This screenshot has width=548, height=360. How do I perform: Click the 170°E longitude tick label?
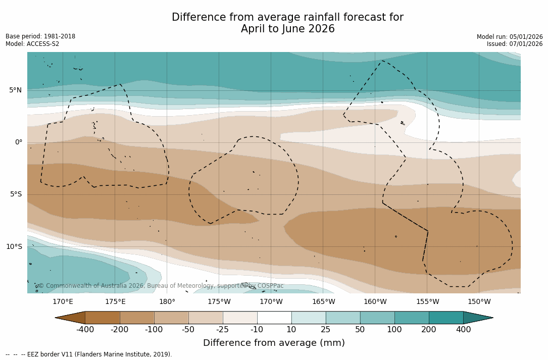[x=63, y=302]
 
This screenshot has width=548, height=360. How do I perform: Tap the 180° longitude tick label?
[x=167, y=302]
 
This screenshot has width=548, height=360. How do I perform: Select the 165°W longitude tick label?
[x=323, y=302]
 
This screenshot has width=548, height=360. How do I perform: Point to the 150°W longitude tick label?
[x=479, y=302]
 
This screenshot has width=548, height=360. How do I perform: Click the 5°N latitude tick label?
[x=15, y=90]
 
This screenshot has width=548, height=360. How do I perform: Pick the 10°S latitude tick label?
[x=14, y=247]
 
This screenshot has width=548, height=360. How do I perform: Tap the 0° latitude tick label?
[x=19, y=142]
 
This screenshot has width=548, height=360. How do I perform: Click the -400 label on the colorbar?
[x=85, y=330]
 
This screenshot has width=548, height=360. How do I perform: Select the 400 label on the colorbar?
[x=463, y=330]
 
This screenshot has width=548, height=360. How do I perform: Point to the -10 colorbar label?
[x=257, y=330]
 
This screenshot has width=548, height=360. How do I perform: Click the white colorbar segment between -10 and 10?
[x=274, y=318]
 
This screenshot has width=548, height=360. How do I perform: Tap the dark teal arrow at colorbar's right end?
[x=477, y=318]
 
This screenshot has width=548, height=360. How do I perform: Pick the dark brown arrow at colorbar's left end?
[x=71, y=318]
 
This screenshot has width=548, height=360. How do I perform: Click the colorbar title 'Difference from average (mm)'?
[x=274, y=343]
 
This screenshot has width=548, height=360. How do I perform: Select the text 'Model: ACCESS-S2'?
[x=32, y=44]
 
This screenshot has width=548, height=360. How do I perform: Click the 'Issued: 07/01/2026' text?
[x=515, y=44]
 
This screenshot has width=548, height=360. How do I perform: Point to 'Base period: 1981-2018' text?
[x=40, y=36]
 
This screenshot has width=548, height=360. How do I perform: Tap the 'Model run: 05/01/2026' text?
[x=510, y=37]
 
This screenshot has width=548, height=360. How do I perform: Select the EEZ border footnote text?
[x=89, y=354]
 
